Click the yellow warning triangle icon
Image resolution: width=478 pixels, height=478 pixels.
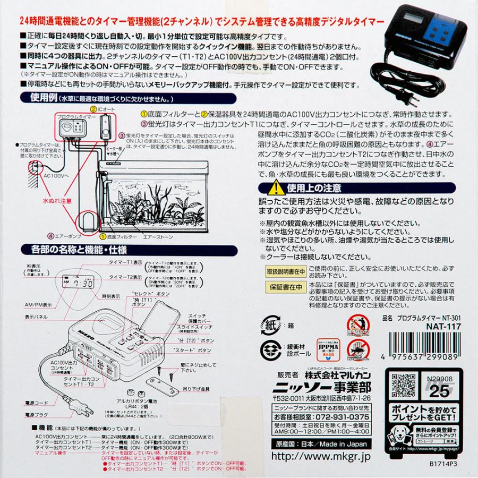(x=275, y=187)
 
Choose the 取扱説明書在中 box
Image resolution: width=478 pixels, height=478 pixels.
(x=285, y=271)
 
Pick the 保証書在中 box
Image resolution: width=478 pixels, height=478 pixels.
(x=285, y=287)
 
